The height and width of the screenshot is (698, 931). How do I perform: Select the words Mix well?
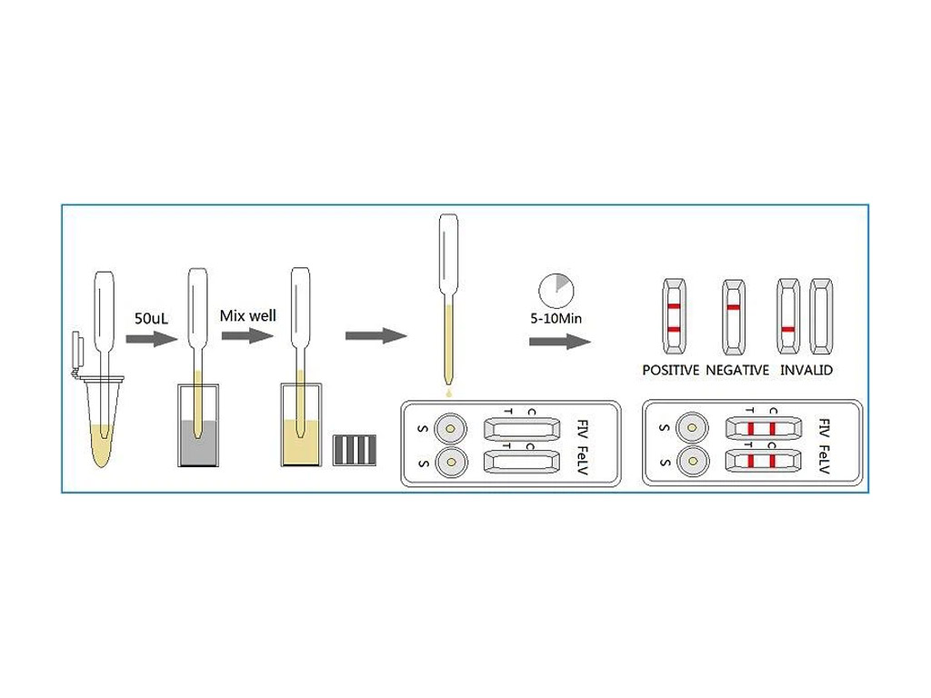pyautogui.click(x=248, y=316)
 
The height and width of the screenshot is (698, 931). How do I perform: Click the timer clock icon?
pyautogui.click(x=556, y=290)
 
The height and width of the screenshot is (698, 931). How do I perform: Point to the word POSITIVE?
pyautogui.click(x=671, y=370)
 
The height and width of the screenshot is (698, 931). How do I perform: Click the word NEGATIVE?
pyautogui.click(x=737, y=370)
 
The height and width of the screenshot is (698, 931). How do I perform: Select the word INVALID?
pyautogui.click(x=806, y=370)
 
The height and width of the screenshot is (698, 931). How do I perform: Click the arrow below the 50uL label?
pyautogui.click(x=149, y=339)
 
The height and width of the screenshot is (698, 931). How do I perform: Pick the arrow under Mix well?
pyautogui.click(x=247, y=335)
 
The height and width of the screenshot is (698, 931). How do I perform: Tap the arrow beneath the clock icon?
pyautogui.click(x=559, y=342)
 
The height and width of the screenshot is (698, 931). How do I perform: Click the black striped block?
pyautogui.click(x=353, y=450)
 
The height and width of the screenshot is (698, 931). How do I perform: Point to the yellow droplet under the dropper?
pyautogui.click(x=448, y=393)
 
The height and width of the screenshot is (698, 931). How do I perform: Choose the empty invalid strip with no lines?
pyautogui.click(x=822, y=316)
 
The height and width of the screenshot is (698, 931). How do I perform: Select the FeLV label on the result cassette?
pyautogui.click(x=824, y=460)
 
